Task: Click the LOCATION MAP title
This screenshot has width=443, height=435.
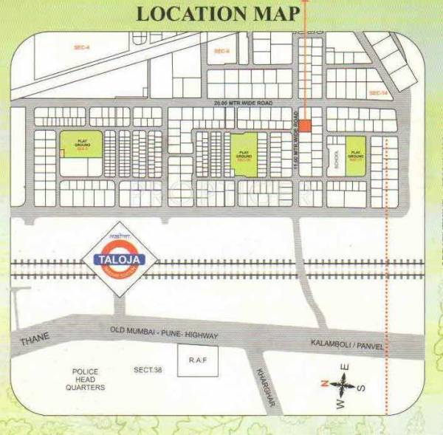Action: pyautogui.click(x=219, y=13)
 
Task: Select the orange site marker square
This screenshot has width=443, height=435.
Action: pyautogui.click(x=305, y=126)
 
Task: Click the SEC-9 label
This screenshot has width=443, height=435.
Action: pyautogui.click(x=221, y=50)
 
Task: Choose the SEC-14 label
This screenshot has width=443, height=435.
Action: pyautogui.click(x=377, y=93)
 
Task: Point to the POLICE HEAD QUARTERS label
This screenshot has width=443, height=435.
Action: pyautogui.click(x=86, y=380)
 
